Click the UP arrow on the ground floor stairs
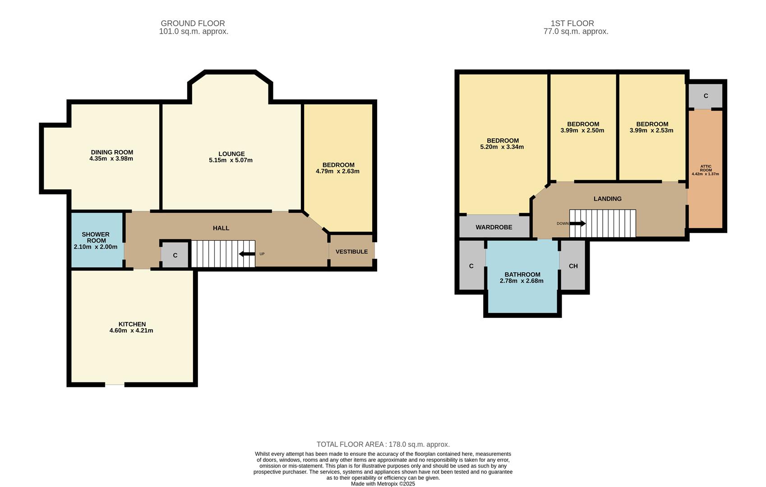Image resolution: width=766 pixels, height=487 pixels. point(247,254)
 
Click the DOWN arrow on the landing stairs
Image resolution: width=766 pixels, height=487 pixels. point(577,224)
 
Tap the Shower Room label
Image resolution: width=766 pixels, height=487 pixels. point(96,238)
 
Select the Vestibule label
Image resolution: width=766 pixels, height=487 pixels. point(351,252)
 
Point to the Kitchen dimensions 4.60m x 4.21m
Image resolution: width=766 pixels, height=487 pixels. point(131,331)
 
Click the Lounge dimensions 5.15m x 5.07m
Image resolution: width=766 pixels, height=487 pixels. point(231,160)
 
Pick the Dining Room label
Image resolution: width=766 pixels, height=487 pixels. point(112,152)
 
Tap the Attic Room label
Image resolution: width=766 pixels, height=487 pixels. point(706,168)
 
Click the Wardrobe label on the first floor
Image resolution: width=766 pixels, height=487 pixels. point(494,227)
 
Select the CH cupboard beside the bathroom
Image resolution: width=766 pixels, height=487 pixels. point(573,266)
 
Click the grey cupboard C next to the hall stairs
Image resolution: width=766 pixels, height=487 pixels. point(175,255)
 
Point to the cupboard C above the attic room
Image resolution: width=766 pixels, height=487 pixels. point(706,96)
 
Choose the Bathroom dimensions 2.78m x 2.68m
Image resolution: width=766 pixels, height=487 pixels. point(521,281)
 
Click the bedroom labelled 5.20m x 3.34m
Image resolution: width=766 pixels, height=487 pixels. point(502,144)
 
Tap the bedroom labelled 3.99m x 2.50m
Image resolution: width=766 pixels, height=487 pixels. point(582,127)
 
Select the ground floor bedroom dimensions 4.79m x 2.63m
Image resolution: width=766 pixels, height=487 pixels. point(337,171)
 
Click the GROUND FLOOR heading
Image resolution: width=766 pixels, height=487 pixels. point(193,23)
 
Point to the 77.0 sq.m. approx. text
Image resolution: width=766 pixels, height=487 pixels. point(576,32)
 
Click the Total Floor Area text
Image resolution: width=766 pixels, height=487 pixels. point(383,444)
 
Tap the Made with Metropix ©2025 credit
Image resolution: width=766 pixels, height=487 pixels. point(383,484)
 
